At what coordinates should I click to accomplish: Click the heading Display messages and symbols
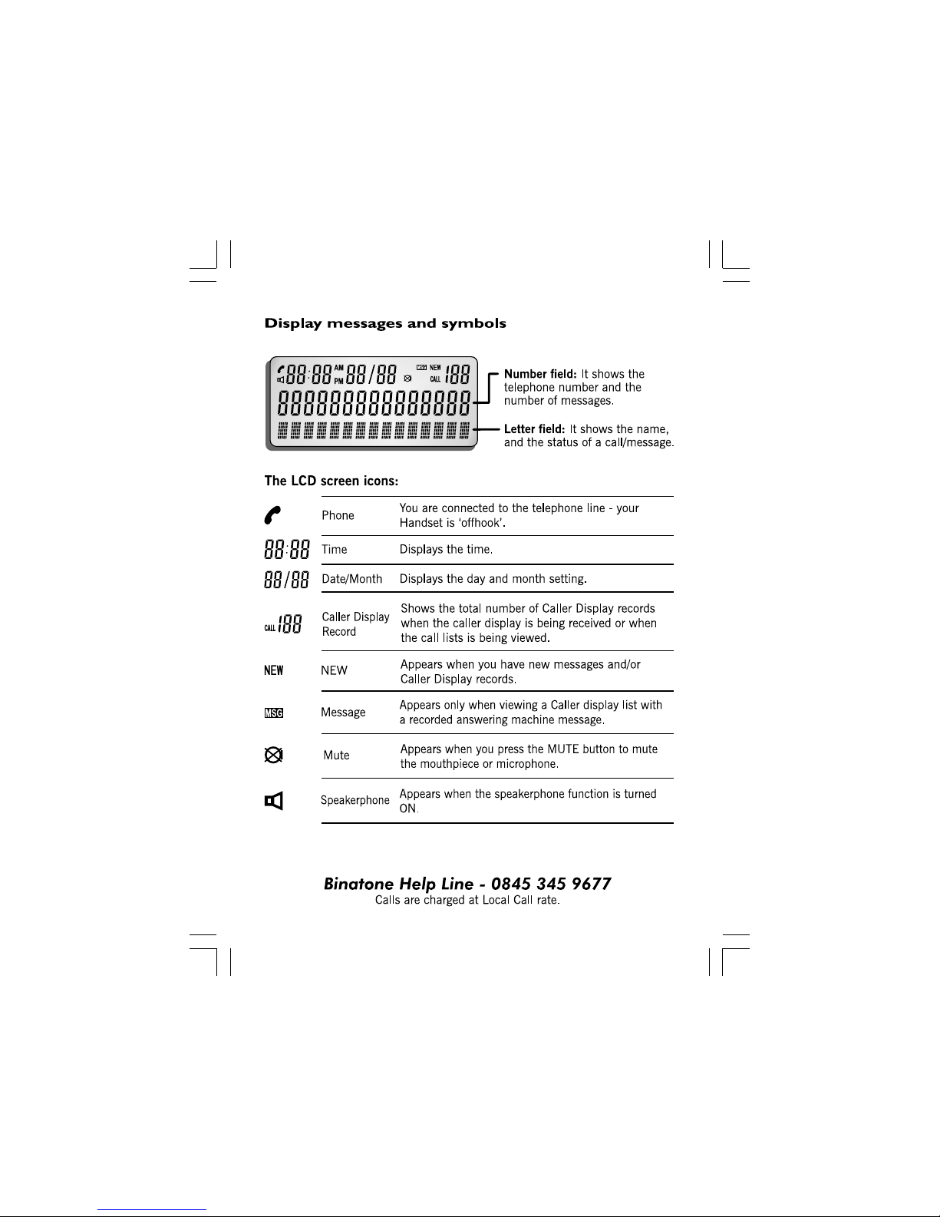385,323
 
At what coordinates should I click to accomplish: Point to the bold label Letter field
534,429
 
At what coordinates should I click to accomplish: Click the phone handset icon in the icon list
272,514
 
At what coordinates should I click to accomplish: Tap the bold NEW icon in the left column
274,670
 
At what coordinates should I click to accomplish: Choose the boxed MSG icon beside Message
274,713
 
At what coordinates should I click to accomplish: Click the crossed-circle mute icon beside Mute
273,756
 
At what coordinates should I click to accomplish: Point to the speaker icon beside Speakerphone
274,802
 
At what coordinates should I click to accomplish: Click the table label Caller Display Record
355,624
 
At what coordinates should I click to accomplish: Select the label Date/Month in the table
351,579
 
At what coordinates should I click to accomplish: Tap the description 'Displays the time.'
446,549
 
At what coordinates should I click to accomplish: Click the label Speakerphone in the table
355,800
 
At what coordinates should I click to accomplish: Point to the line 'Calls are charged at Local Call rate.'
467,900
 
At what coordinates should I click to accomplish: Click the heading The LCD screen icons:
331,481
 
